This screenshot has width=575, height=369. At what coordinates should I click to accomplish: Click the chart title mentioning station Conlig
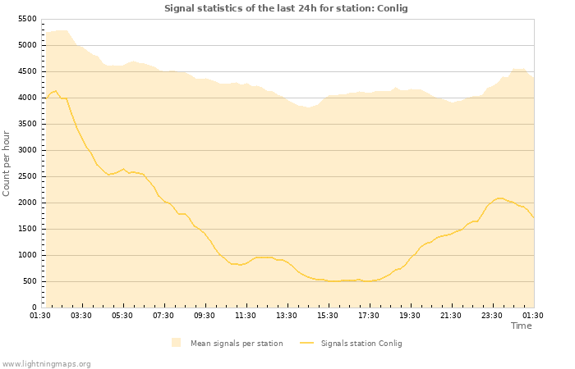[286, 8]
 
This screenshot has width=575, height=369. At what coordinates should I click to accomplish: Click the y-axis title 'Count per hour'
[7, 162]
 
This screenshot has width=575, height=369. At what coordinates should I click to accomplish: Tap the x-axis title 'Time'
[521, 326]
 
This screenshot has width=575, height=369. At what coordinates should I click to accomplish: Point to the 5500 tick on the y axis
[27, 19]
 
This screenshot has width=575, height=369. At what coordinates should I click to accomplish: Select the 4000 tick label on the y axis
[27, 98]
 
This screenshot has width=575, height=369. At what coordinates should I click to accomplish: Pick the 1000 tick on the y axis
[27, 255]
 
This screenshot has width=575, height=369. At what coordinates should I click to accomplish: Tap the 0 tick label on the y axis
[34, 307]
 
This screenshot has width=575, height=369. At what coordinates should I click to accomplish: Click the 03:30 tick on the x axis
[81, 316]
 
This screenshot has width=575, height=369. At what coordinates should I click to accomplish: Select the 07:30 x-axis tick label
[163, 316]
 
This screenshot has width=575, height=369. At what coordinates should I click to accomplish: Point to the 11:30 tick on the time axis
[246, 316]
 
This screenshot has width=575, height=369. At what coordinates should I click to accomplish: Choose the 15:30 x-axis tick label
[328, 316]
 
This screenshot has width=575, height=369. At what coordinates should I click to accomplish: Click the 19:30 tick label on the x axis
[410, 316]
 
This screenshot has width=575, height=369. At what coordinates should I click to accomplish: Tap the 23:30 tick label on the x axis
[492, 316]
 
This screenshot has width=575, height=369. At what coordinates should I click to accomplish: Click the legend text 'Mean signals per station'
[237, 344]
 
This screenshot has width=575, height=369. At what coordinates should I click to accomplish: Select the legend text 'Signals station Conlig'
[361, 344]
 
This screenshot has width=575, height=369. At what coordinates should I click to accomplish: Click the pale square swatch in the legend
[176, 343]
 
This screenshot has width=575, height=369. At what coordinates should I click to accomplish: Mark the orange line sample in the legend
[307, 344]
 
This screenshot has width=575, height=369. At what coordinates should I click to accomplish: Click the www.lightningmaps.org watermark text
[47, 363]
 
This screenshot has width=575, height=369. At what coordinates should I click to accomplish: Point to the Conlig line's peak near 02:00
[54, 91]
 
